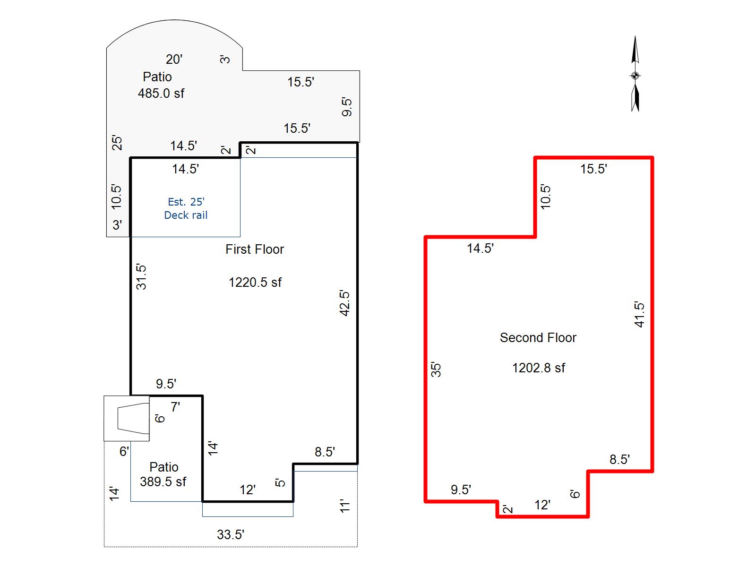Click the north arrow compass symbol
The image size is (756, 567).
click(x=635, y=74)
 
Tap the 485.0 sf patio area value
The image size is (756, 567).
click(x=161, y=93)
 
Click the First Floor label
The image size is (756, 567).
click(x=255, y=249)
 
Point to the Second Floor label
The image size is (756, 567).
click(x=538, y=338)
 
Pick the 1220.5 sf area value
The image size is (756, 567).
click(x=255, y=282)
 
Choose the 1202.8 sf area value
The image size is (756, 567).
click(x=538, y=368)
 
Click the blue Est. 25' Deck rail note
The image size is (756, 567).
click(x=186, y=208)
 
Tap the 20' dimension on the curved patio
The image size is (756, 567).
click(x=174, y=60)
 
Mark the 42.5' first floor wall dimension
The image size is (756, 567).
click(x=344, y=303)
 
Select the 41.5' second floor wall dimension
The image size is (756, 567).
click(x=639, y=314)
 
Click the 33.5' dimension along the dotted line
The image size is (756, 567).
click(x=231, y=535)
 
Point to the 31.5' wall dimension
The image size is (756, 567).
click(x=141, y=277)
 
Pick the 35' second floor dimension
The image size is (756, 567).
click(x=436, y=370)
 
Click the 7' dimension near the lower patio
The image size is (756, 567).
click(x=175, y=407)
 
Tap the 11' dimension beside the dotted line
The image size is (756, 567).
click(x=344, y=506)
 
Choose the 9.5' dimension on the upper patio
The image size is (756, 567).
click(x=346, y=107)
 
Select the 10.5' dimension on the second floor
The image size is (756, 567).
click(x=546, y=197)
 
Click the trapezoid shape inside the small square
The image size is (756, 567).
click(x=133, y=419)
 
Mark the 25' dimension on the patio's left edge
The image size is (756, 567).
click(x=117, y=143)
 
